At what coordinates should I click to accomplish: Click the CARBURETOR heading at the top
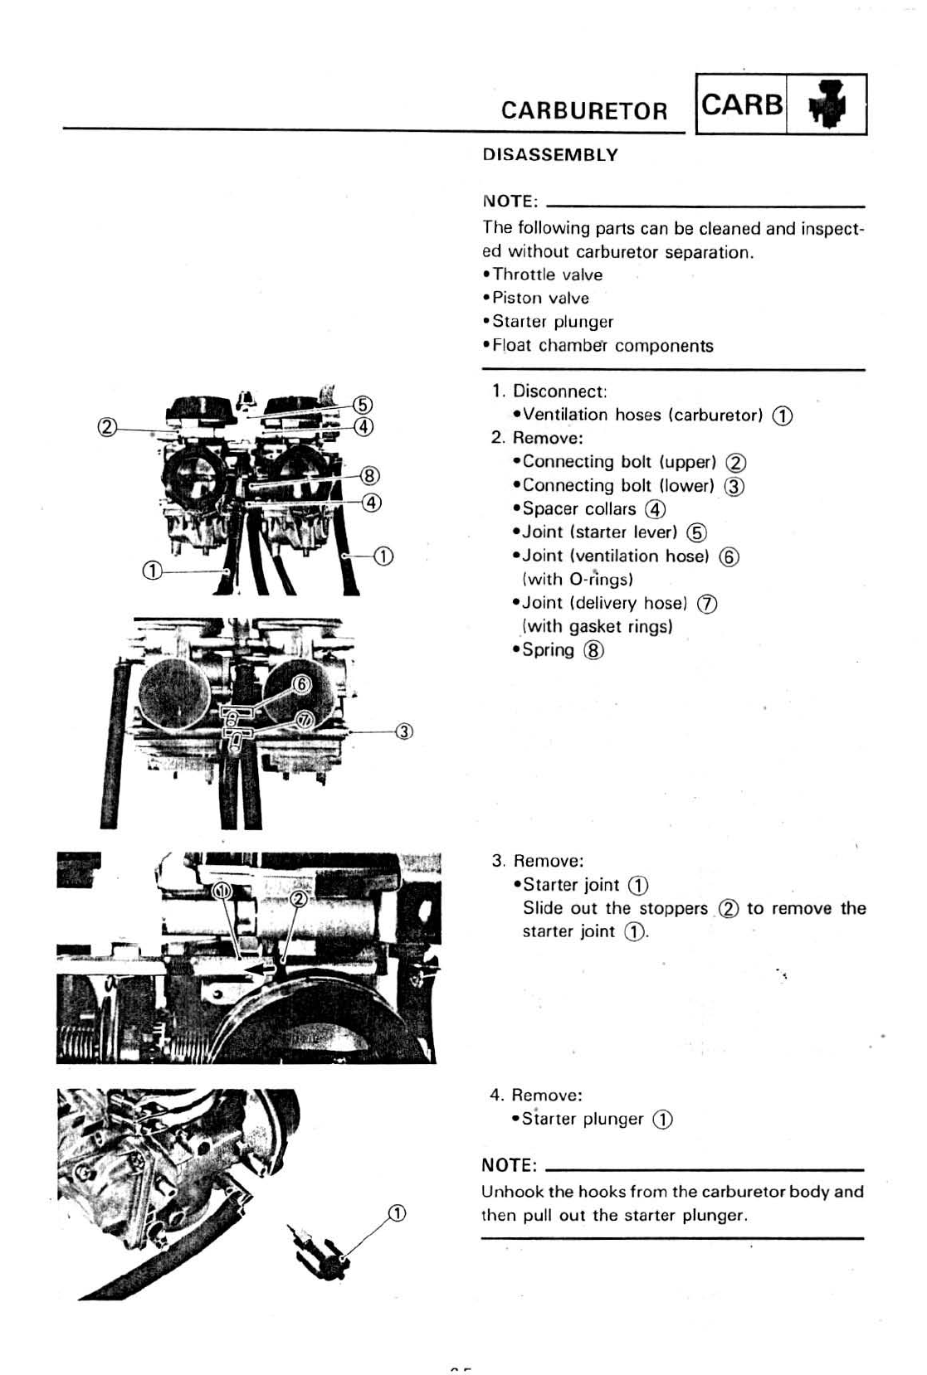click(x=583, y=111)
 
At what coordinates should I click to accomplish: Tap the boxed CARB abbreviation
click(x=742, y=104)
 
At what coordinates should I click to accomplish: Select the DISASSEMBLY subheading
click(x=550, y=155)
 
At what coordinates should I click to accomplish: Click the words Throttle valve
click(x=547, y=275)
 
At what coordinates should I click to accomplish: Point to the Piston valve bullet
click(x=540, y=298)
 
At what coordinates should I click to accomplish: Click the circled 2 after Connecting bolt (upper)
click(x=735, y=463)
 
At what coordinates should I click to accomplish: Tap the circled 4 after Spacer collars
click(x=656, y=509)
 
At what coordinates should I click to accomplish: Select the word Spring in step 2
click(x=548, y=650)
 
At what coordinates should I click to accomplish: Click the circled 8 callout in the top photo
click(x=370, y=476)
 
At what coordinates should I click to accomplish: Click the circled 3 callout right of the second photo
click(x=405, y=731)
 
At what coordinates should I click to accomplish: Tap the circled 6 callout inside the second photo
click(x=302, y=683)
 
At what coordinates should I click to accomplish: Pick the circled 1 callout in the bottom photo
click(x=398, y=1214)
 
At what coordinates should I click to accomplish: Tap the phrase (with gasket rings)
click(x=597, y=626)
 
